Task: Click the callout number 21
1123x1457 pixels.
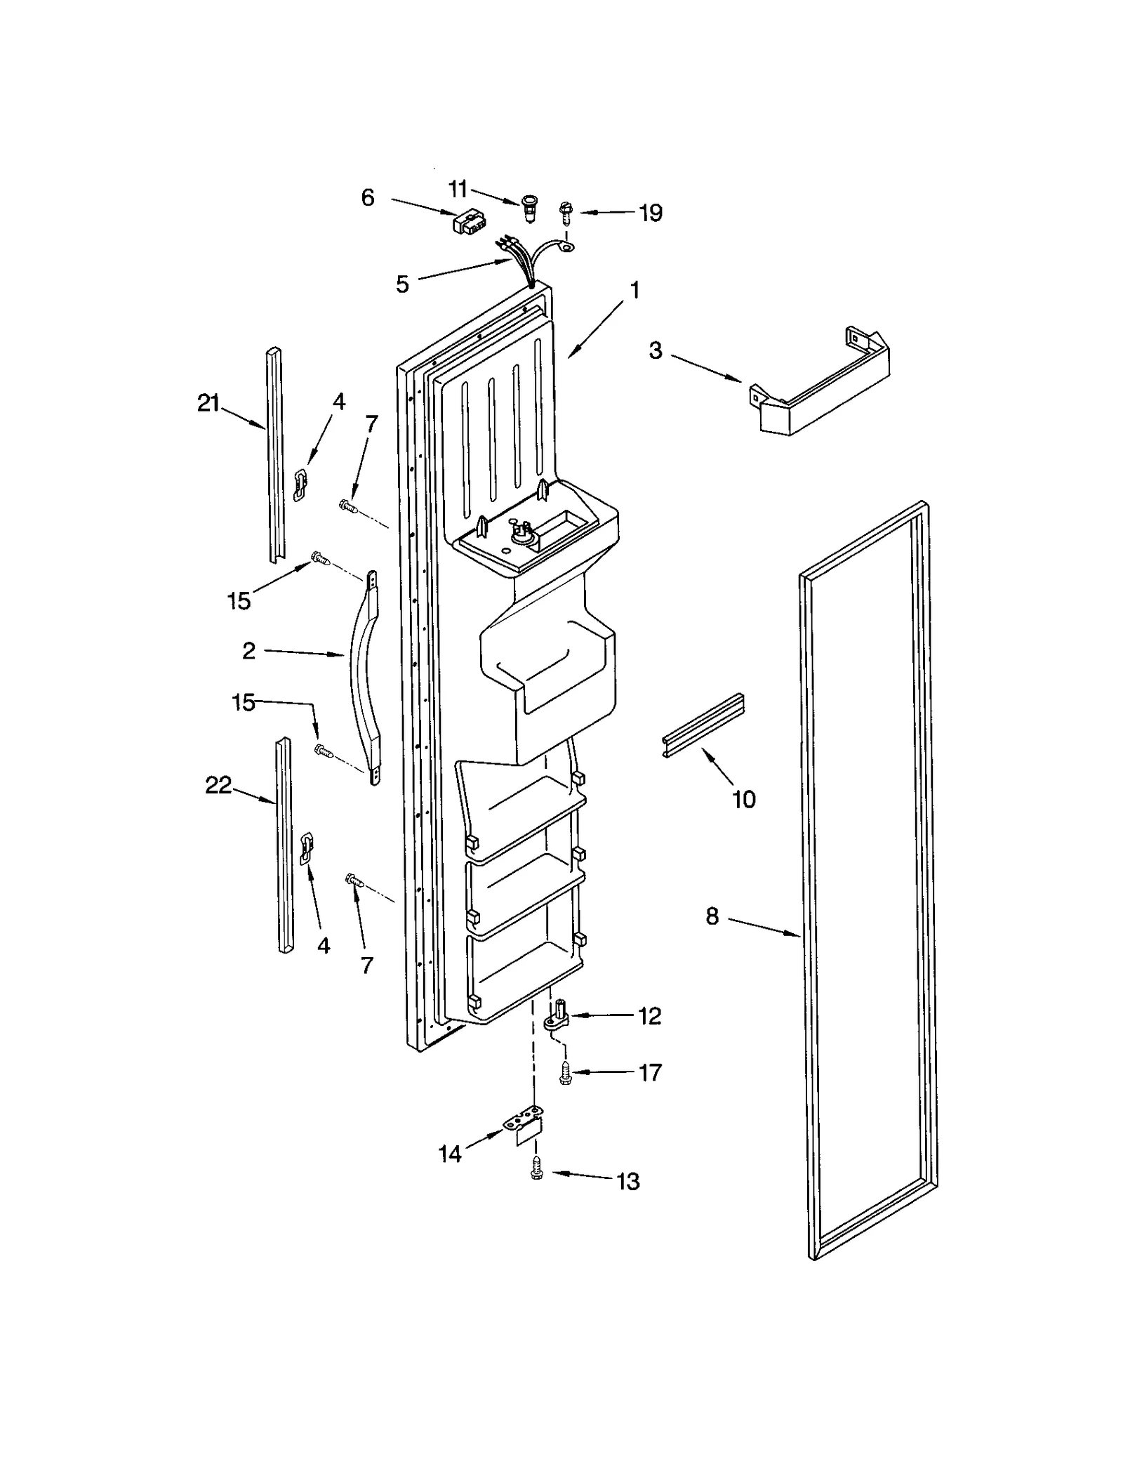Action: (x=208, y=404)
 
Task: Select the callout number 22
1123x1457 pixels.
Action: (x=218, y=785)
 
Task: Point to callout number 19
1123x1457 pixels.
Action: (x=651, y=213)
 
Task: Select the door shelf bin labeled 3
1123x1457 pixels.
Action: (x=821, y=393)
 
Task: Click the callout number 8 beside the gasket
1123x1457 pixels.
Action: (x=712, y=916)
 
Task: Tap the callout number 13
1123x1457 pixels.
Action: (x=628, y=1181)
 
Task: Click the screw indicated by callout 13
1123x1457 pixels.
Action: (x=537, y=1170)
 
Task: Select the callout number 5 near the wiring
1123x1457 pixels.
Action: (x=402, y=284)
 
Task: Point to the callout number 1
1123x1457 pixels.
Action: (x=634, y=290)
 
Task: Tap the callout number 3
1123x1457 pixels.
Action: (x=655, y=350)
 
